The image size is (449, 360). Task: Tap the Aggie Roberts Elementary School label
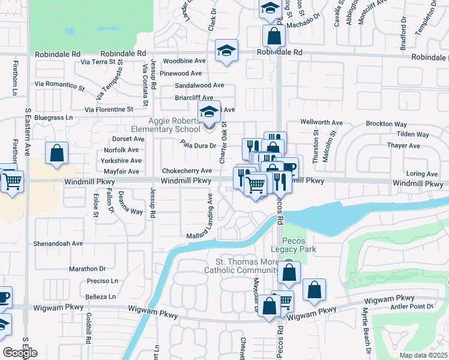click(x=166, y=125)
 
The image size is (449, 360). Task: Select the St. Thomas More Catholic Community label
click(x=248, y=266)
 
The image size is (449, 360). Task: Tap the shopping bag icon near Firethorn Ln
click(x=56, y=154)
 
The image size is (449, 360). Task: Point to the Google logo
click(x=20, y=353)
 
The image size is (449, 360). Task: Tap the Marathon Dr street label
click(x=87, y=269)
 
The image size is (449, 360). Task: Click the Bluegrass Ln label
click(x=53, y=118)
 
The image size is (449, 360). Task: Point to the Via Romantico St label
click(x=59, y=86)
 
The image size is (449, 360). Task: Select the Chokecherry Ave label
click(x=186, y=170)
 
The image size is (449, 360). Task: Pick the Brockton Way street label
click(x=387, y=124)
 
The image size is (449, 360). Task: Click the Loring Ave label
click(x=423, y=174)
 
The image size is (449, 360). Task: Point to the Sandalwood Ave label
click(x=199, y=85)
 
